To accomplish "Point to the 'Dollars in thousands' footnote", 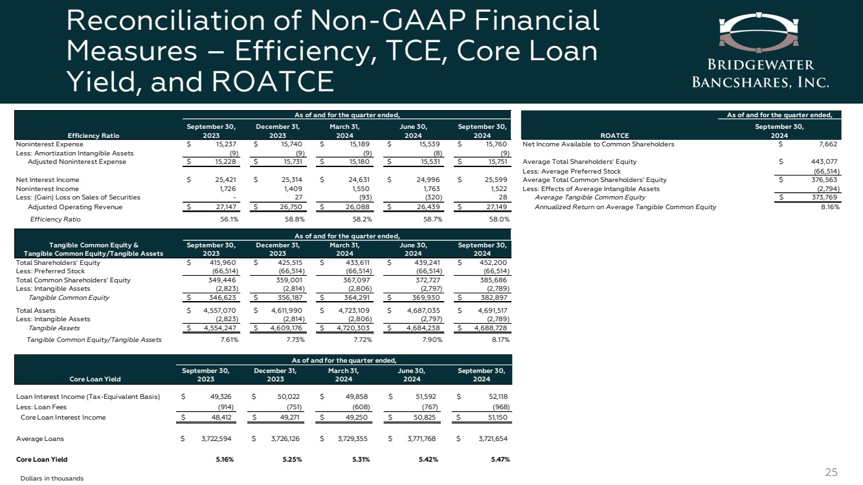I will coord(52,478).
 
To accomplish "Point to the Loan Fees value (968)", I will coord(500,407).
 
